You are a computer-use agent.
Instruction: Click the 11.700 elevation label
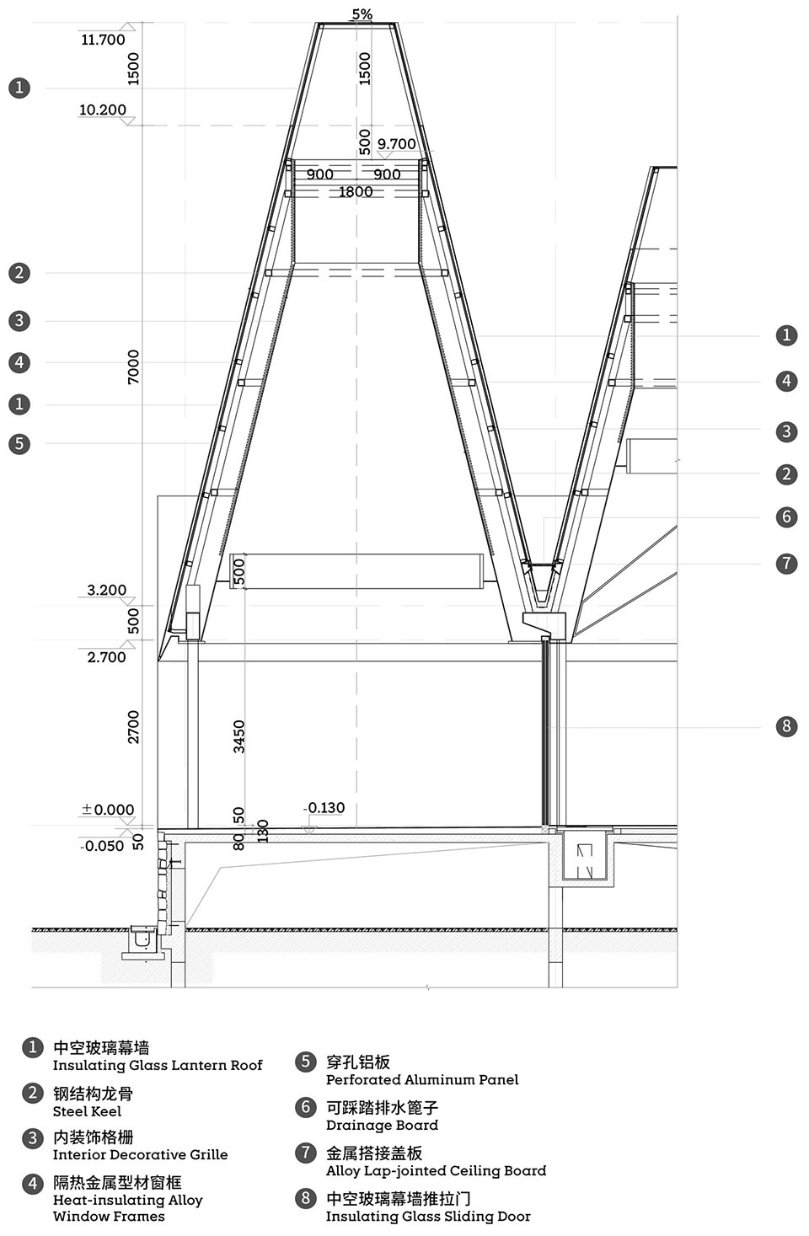(103, 40)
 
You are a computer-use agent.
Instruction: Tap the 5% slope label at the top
(362, 14)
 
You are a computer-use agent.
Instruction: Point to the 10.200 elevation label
(103, 110)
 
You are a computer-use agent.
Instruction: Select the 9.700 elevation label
(397, 144)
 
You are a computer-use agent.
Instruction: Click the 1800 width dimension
(356, 192)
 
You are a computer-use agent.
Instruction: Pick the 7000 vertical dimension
(133, 367)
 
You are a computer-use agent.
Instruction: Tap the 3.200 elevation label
(106, 590)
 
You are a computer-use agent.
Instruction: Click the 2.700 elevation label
(106, 657)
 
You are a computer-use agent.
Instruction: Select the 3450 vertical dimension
(238, 736)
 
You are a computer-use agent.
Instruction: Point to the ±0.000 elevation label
(108, 810)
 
